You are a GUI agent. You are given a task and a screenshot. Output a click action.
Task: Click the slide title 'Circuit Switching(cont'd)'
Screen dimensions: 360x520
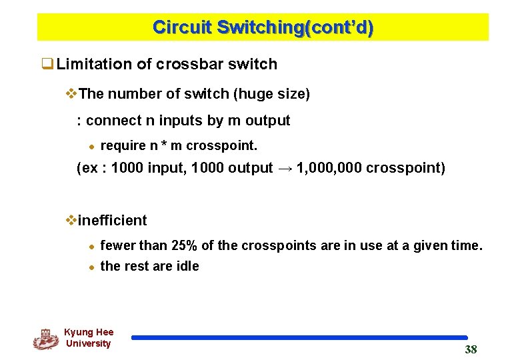263,27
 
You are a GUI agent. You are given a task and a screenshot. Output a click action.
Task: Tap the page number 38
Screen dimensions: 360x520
471,350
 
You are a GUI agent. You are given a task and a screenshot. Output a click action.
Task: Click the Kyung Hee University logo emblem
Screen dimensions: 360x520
45,339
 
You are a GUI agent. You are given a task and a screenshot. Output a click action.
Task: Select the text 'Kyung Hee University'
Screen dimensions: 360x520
89,338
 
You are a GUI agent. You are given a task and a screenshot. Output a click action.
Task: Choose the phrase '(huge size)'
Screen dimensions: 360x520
271,94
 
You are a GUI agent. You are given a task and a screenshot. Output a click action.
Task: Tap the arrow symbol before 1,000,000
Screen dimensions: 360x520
285,167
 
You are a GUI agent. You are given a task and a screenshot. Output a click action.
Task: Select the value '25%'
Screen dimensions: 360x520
185,245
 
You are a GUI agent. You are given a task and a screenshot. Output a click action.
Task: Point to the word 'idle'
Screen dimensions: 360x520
187,266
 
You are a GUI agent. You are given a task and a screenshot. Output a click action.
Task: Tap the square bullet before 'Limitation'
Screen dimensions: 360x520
47,65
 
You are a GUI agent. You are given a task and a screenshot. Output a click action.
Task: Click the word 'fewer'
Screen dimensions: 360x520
117,245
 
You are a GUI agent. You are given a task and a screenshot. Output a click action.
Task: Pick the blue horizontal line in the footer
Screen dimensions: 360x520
299,338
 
